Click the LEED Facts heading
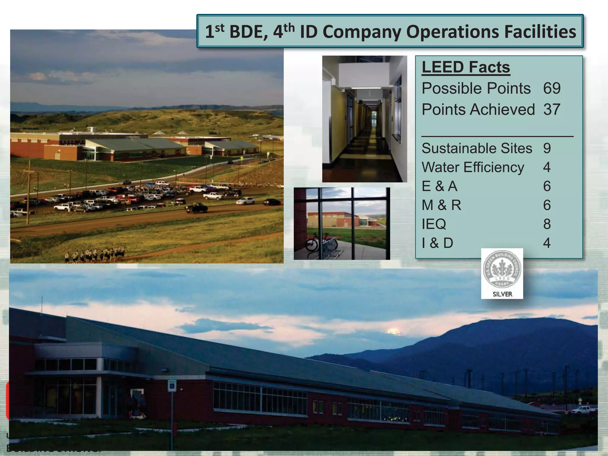[x=465, y=67]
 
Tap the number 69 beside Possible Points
[x=552, y=88]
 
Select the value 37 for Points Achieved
[x=552, y=109]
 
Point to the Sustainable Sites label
[x=477, y=148]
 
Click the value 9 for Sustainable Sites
[x=547, y=148]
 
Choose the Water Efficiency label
[x=473, y=167]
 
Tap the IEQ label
[x=434, y=224]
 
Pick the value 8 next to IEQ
[x=547, y=224]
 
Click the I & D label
[x=437, y=243]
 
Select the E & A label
[x=439, y=186]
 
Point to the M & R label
[x=441, y=205]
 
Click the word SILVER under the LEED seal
[x=502, y=294]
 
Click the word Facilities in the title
[x=540, y=31]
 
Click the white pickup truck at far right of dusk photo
[x=581, y=410]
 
